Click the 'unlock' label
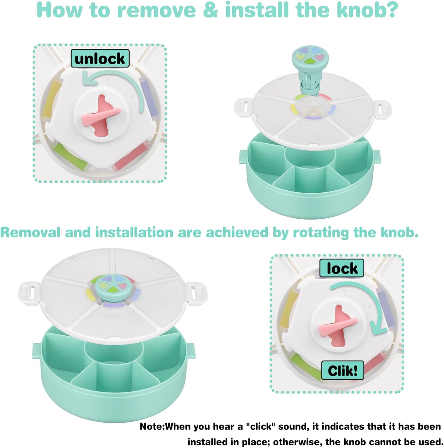[x=100, y=58]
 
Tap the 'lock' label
[x=342, y=268]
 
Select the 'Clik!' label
[x=342, y=370]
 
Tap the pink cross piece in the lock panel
[x=338, y=325]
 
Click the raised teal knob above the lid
[x=308, y=57]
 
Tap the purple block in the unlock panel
[x=147, y=97]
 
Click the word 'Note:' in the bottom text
[x=152, y=427]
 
